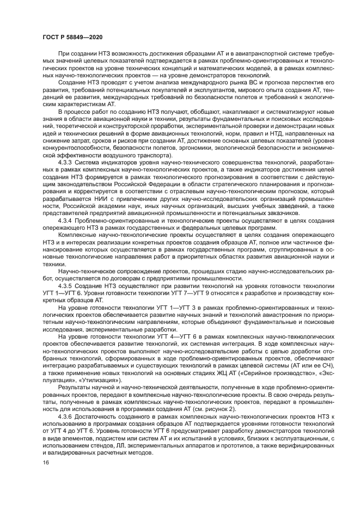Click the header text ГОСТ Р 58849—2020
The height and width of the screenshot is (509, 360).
click(x=72, y=36)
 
